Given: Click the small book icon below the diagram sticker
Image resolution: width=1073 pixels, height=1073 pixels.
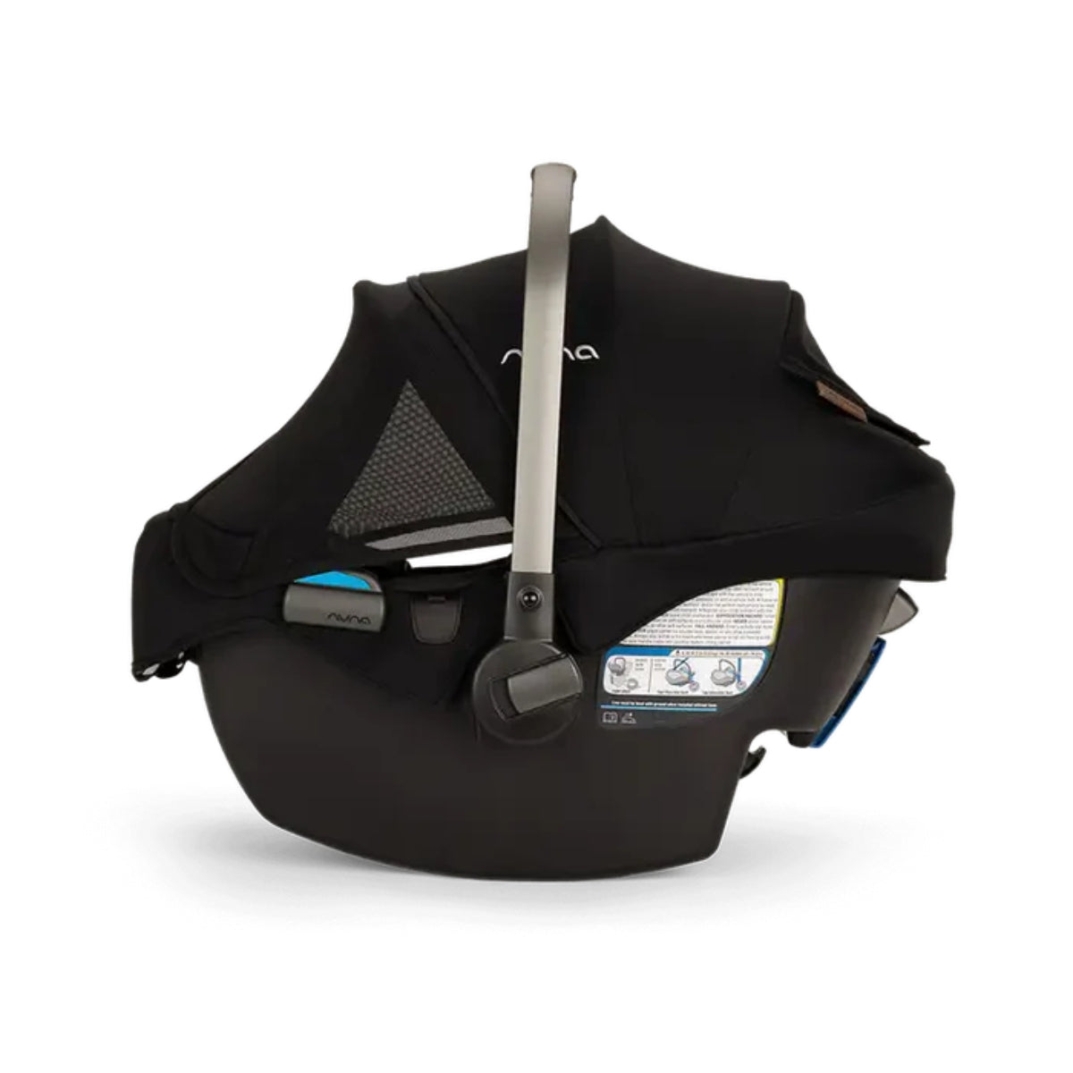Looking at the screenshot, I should point(609,716).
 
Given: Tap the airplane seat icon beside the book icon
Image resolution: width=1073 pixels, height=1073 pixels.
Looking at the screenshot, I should point(628,716).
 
